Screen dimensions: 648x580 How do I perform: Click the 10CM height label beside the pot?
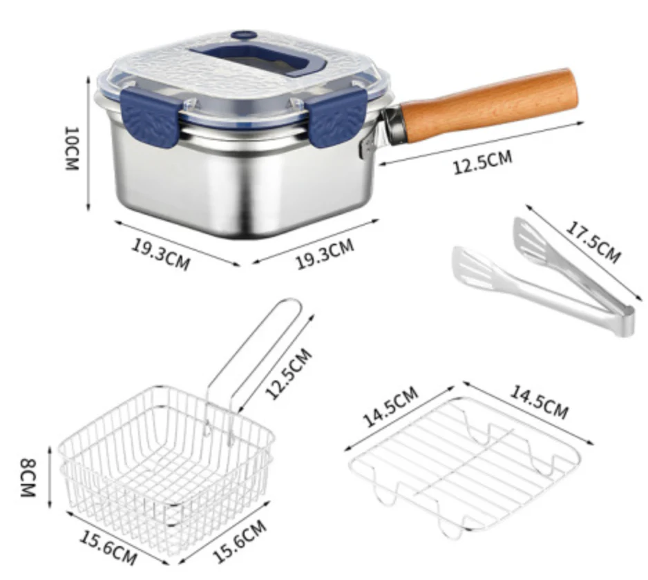tap(71, 148)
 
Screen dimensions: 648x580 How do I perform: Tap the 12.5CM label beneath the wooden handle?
tap(483, 162)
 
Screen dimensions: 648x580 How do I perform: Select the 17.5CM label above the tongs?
tap(593, 242)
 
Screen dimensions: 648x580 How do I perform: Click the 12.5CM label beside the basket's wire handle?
tap(289, 374)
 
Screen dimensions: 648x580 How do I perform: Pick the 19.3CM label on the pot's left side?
tap(161, 253)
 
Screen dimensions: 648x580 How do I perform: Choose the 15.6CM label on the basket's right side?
tap(240, 541)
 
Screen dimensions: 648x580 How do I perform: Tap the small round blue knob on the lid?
tap(243, 35)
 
